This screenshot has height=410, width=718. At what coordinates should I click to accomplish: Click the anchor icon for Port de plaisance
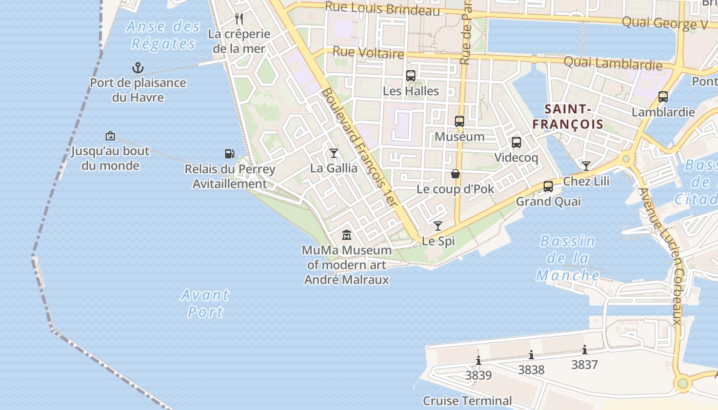point(137,68)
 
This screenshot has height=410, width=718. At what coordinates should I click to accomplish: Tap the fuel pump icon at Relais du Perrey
point(229,153)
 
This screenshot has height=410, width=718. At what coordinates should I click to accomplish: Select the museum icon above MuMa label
point(347,235)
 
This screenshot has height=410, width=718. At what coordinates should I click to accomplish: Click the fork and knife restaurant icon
point(239,19)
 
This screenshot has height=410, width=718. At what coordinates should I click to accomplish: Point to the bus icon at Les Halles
point(411,76)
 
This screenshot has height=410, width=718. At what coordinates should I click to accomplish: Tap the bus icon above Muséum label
point(460,121)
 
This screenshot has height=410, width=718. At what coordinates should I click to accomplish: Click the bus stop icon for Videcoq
point(516,142)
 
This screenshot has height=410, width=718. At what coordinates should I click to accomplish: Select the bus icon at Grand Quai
point(548,187)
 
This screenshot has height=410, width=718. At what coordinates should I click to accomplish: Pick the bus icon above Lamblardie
point(663,97)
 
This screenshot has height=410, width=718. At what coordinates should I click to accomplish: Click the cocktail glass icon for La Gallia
point(334,153)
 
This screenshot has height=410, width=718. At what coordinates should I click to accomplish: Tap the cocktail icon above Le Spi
point(438,226)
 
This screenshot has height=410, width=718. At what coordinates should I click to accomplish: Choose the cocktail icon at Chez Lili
point(586,166)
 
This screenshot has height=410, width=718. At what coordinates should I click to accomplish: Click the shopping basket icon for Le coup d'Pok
point(455,174)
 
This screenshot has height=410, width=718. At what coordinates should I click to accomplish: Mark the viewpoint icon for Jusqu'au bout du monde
point(110,136)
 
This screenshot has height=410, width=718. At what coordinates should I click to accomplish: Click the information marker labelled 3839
point(478,361)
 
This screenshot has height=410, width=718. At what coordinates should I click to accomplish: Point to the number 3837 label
point(585,365)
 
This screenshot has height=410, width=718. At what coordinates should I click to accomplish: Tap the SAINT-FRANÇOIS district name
point(568,116)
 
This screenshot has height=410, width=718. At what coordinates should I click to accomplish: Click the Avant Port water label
point(205,303)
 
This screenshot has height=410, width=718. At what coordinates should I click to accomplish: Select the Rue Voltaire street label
point(368,53)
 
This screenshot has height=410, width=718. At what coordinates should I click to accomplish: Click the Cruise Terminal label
point(467,400)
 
